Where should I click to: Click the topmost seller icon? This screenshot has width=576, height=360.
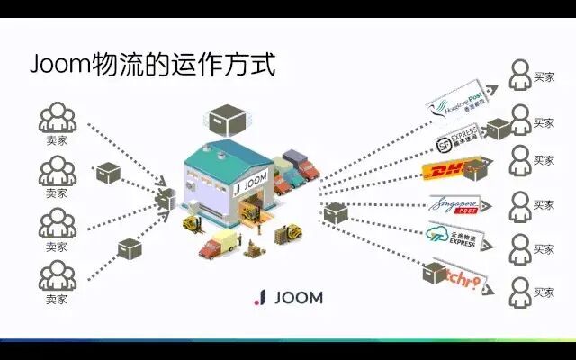pos(57,118)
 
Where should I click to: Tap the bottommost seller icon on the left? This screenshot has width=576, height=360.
pos(57,275)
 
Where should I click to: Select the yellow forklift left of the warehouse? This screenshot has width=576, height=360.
pos(191,222)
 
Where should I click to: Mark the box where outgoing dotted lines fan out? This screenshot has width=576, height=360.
pos(335,213)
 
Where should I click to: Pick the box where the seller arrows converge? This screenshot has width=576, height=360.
pos(166,200)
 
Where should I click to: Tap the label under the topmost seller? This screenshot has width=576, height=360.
pos(57,141)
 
